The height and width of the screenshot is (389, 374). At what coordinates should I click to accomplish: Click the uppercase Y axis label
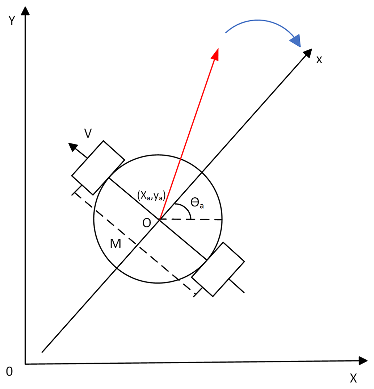(x=12, y=21)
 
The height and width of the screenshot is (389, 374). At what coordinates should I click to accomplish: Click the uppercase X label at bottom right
(x=353, y=378)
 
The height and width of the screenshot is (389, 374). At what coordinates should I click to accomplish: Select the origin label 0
(x=9, y=371)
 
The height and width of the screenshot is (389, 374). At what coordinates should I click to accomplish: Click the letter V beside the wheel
(x=87, y=134)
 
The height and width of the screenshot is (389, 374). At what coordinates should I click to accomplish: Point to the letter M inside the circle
(x=115, y=244)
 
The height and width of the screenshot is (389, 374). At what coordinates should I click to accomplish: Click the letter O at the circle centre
(x=146, y=223)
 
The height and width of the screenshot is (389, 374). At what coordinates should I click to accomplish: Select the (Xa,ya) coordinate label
(x=151, y=196)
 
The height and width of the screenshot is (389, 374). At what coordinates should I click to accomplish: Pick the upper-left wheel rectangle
(x=98, y=167)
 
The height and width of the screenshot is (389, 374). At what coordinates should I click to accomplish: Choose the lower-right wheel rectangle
(x=218, y=269)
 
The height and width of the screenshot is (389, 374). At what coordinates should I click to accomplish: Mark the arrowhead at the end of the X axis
(x=363, y=360)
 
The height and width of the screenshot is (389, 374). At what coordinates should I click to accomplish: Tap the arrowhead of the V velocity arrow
(x=73, y=147)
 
